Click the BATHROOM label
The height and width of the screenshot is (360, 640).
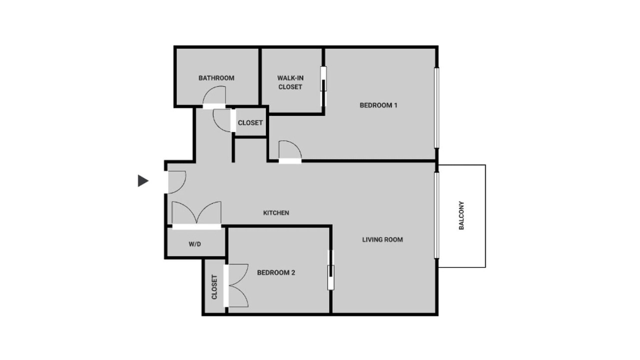pos(216,78)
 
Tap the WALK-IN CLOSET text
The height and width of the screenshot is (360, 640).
pos(290,82)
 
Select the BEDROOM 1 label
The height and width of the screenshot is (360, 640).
pos(378,105)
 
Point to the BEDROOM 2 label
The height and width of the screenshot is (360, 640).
pos(276,272)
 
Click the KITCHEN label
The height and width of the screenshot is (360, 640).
pos(276,213)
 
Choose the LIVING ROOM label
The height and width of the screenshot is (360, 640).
pos(382,239)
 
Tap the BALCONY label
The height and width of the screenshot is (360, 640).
pos(461,215)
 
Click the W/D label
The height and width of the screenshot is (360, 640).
pos(195,244)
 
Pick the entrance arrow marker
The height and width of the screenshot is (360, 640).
pos(143,181)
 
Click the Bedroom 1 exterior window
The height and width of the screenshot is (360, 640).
pos(436,107)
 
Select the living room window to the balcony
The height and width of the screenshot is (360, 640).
pos(436,215)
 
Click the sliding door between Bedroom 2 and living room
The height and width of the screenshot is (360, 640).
pos(331,270)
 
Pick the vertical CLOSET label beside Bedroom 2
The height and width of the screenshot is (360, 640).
pos(214,287)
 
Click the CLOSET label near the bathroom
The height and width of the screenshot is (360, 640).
pos(250,123)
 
